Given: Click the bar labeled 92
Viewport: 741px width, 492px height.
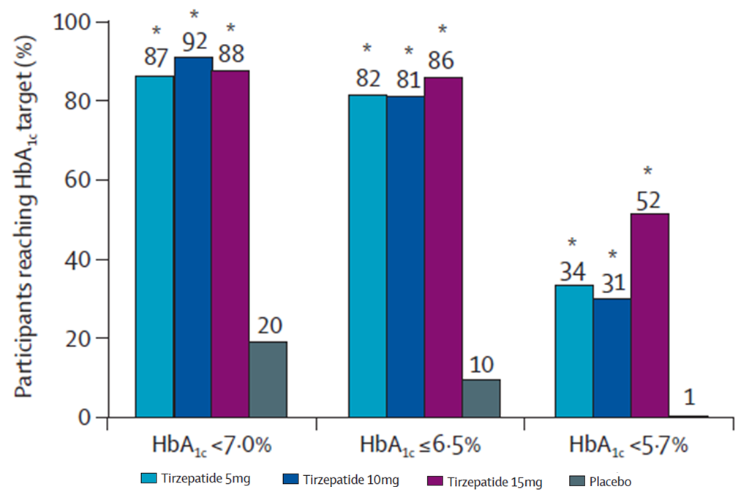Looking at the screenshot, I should tap(193, 237).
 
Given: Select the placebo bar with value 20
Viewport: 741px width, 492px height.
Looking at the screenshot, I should tap(268, 379).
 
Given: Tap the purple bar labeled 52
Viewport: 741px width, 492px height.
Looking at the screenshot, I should tap(650, 315).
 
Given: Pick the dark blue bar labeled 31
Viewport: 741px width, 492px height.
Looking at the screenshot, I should tap(612, 357).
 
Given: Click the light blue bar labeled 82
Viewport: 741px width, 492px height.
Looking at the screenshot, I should tap(367, 256).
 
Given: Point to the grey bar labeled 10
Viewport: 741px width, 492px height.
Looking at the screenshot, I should tap(481, 398).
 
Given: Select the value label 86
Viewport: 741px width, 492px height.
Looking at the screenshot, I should tap(442, 60).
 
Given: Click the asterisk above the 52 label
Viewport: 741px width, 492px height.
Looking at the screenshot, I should tap(647, 173).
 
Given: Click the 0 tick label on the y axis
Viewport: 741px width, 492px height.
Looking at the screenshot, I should tap(87, 418).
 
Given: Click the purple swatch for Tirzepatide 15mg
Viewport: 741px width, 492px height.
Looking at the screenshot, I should tap(435, 482).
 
